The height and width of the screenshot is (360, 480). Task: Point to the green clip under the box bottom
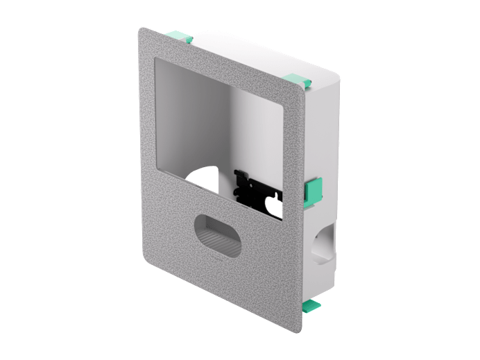pyautogui.click(x=311, y=305)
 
